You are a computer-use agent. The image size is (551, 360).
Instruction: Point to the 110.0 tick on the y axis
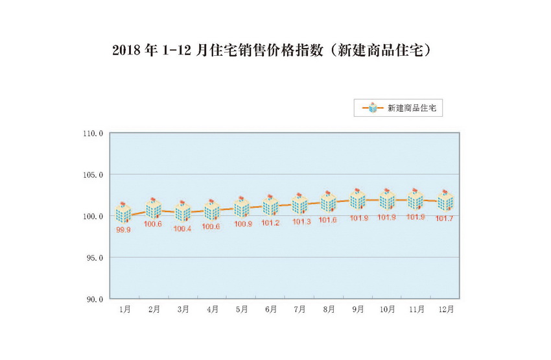93,134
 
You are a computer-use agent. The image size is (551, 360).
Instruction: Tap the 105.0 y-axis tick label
93,175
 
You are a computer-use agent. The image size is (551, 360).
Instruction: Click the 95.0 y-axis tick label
95,258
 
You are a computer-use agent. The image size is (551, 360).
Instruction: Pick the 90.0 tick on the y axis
95,299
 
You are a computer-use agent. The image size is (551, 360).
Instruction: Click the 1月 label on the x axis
124,310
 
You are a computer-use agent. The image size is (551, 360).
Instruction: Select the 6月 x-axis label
270,310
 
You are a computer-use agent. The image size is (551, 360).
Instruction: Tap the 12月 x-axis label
445,310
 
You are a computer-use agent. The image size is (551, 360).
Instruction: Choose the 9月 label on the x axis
358,310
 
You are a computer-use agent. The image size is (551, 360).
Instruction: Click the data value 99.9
124,230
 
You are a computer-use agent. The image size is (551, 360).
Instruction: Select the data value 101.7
445,219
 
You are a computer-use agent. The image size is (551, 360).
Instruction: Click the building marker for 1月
124,212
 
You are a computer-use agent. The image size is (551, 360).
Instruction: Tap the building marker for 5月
241,206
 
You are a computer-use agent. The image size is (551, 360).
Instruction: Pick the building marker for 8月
329,202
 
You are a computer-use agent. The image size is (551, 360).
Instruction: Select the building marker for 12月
445,200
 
